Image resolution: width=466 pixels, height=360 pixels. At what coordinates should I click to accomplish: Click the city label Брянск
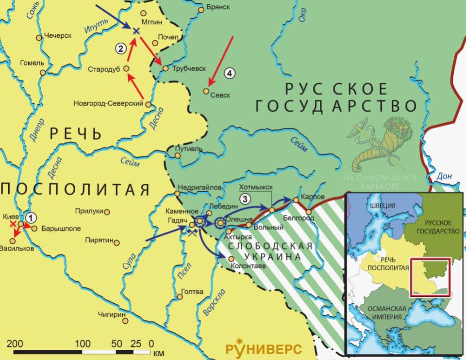pyautogui.click(x=217, y=8)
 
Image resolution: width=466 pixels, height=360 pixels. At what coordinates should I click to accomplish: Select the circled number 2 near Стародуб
pyautogui.click(x=121, y=48)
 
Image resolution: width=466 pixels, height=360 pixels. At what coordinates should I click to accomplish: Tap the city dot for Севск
pyautogui.click(x=206, y=91)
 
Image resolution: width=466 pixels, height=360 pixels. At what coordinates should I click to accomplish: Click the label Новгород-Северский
pyautogui.click(x=108, y=103)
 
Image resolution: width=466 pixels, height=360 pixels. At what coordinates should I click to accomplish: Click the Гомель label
pyautogui.click(x=32, y=63)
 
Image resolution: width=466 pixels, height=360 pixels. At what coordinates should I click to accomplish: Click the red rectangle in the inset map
pyautogui.click(x=430, y=277)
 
